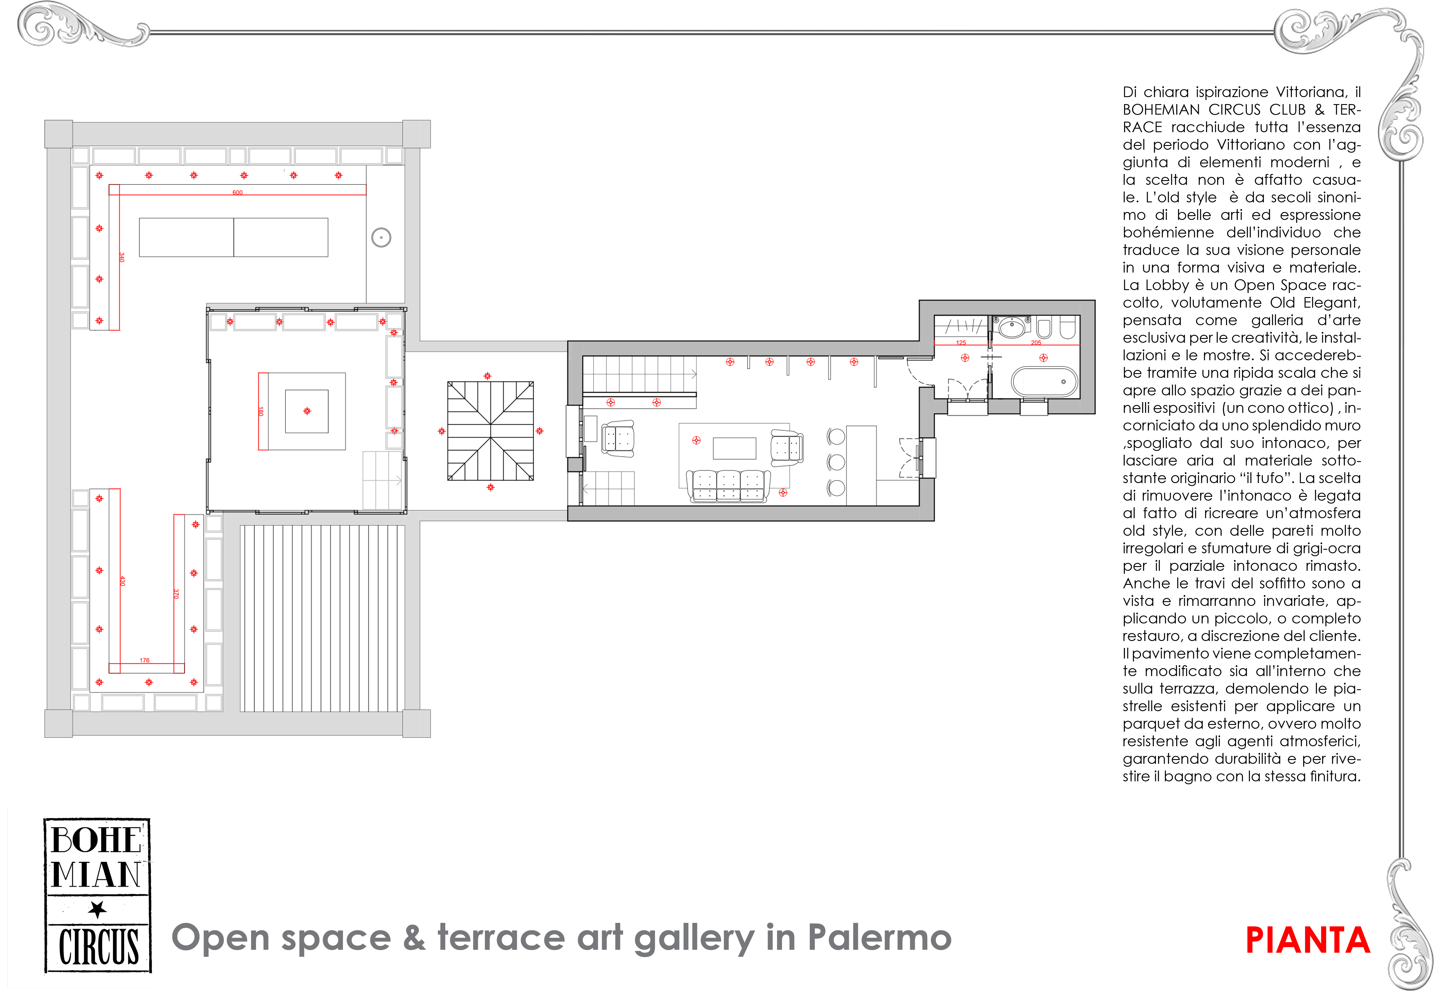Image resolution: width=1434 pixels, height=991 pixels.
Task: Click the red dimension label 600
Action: (x=237, y=192)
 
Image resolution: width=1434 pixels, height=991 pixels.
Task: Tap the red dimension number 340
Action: (x=122, y=257)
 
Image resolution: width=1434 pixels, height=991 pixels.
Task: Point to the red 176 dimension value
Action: (x=145, y=660)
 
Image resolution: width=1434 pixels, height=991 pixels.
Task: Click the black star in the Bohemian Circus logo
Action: (x=97, y=910)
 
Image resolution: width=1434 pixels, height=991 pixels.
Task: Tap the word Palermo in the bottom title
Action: (x=879, y=937)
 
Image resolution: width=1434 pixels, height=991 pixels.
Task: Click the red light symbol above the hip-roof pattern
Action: (x=488, y=376)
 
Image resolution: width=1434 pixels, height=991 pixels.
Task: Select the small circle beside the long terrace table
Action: (x=381, y=237)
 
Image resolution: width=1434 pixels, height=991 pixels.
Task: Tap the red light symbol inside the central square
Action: (x=307, y=411)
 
